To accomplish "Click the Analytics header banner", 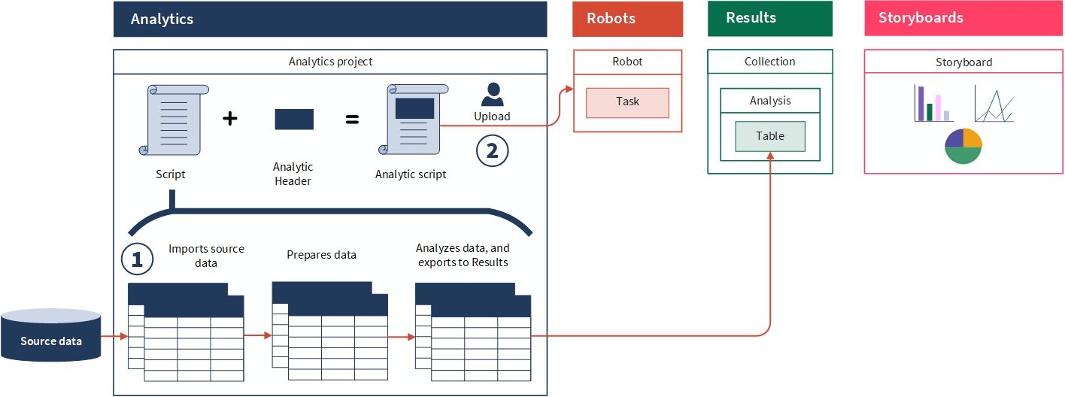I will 329,19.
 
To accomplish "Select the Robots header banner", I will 627,19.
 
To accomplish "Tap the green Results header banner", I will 769,19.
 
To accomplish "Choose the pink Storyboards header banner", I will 963,19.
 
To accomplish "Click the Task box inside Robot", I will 627,102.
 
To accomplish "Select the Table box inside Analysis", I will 770,136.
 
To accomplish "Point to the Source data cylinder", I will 51,335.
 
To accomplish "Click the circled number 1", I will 137,259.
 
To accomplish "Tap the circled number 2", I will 492,150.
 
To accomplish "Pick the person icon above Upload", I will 492,95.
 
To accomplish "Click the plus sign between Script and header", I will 230,118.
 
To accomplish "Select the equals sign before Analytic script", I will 351,118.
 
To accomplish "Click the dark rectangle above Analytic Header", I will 294,119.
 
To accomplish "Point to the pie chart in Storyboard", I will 963,146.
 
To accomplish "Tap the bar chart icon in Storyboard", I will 932,104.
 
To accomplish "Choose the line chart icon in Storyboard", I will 994,105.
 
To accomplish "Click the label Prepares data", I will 321,255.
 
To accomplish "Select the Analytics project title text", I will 330,62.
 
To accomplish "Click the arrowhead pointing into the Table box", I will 770,155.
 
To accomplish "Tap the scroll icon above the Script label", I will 174,120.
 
